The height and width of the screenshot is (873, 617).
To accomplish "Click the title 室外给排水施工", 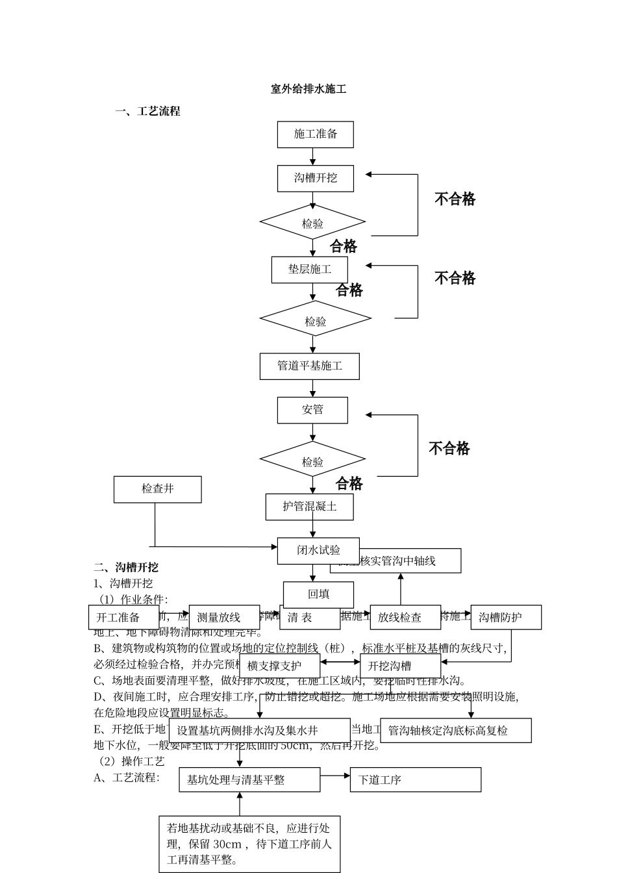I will (x=308, y=89).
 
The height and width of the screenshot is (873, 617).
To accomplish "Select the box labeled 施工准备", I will (x=315, y=134).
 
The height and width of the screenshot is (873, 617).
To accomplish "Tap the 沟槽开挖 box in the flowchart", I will (x=315, y=178).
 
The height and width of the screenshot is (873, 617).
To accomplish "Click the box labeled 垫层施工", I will (x=309, y=270).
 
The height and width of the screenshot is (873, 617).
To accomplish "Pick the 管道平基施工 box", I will (x=309, y=366).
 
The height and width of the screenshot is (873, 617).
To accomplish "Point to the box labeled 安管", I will (x=312, y=410).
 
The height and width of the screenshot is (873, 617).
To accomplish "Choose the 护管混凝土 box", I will (x=309, y=507).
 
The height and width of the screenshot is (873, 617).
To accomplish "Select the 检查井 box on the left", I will (x=157, y=489).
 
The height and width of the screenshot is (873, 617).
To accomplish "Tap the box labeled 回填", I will (x=318, y=594).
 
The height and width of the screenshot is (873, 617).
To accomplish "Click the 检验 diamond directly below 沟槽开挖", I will (x=312, y=223).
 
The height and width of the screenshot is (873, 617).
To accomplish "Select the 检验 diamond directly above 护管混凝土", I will (x=312, y=461).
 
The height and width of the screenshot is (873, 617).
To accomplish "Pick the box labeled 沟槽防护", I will (x=505, y=617).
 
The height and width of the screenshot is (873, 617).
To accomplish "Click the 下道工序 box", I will (x=416, y=779).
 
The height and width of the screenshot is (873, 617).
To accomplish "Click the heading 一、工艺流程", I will (x=148, y=111).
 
